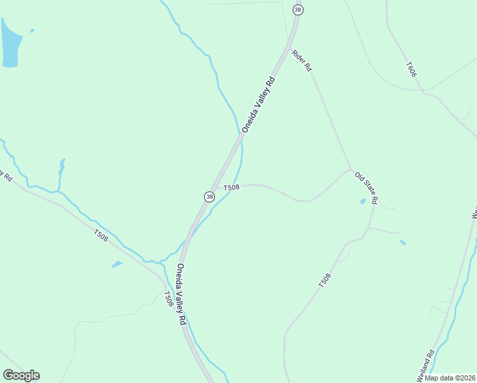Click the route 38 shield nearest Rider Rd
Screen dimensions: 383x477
[x=298, y=10]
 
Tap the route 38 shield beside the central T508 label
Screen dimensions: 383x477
[x=209, y=197]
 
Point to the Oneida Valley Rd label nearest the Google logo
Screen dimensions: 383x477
[x=181, y=295]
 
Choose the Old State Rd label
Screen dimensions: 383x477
[x=367, y=187]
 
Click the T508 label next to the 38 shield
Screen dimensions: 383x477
[x=231, y=187]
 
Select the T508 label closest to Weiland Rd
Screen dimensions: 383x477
[x=325, y=280]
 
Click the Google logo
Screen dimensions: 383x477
[x=21, y=375]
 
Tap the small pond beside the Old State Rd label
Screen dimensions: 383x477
[x=363, y=202]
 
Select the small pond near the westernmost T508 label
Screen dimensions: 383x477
[x=117, y=264]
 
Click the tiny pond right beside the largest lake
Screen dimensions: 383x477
[x=32, y=30]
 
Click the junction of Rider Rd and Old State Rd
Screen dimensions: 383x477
[x=349, y=170]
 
